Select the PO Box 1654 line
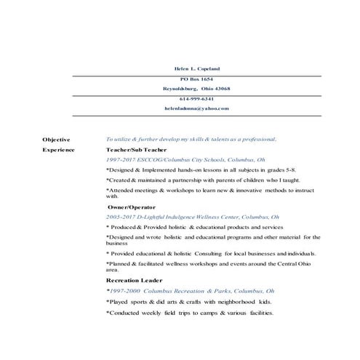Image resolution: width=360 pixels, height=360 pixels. [197, 79]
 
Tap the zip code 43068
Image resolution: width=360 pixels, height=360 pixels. [221, 88]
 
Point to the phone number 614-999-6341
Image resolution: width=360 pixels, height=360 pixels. [197, 98]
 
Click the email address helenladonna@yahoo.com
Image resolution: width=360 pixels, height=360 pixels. [197, 108]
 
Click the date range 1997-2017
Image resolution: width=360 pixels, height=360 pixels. [121, 159]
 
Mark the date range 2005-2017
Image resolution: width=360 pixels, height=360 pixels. [121, 217]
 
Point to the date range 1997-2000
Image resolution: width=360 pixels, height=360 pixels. [122, 289]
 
